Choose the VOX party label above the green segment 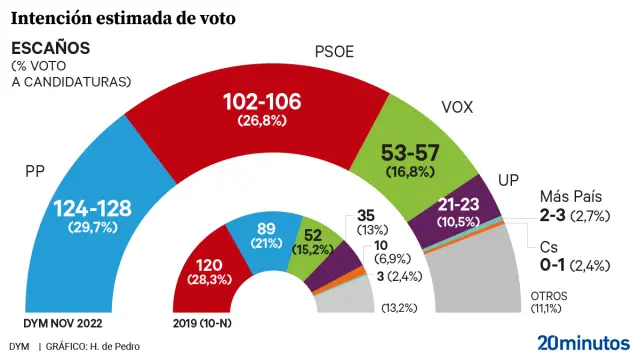pos(457,108)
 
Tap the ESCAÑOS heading pos(50,48)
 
